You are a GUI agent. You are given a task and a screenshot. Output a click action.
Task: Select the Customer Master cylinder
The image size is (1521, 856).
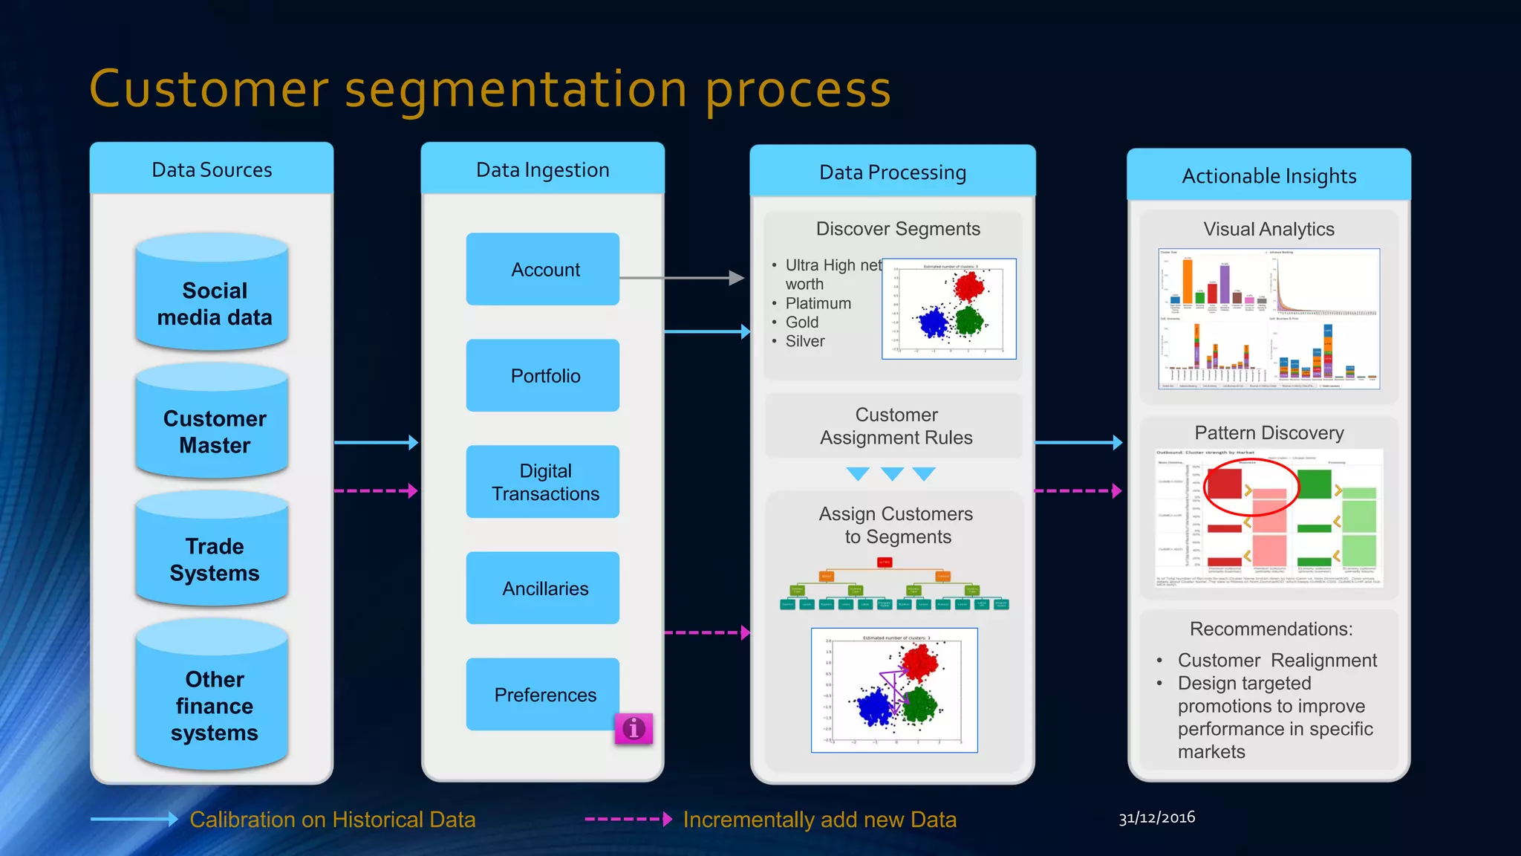(x=213, y=432)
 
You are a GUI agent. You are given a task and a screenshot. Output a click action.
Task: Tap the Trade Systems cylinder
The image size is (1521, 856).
(x=213, y=560)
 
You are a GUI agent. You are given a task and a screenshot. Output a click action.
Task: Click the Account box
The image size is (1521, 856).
(x=543, y=269)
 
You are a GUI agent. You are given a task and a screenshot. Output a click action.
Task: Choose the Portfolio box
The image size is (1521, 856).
(x=543, y=375)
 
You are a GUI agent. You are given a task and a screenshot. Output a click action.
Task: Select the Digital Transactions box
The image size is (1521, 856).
(x=543, y=481)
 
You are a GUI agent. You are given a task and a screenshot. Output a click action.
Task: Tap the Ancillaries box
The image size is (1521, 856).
(x=543, y=588)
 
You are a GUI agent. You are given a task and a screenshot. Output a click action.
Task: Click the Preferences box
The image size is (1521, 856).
(x=543, y=694)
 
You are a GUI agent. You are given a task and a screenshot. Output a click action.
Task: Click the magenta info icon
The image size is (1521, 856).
(x=634, y=729)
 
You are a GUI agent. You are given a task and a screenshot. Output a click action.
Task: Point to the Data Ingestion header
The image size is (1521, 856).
(x=543, y=169)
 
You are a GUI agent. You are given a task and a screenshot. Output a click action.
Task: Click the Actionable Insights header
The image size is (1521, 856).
(x=1268, y=176)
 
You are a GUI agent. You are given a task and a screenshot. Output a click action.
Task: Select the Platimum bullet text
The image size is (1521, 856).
(x=818, y=303)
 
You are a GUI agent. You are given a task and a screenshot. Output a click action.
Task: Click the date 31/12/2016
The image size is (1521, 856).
(x=1156, y=817)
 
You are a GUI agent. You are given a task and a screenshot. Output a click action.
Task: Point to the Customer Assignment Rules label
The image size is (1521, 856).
(x=896, y=426)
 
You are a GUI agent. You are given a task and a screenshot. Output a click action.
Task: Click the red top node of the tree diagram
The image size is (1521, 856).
(x=885, y=562)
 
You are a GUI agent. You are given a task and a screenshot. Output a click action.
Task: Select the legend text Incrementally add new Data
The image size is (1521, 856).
(x=819, y=819)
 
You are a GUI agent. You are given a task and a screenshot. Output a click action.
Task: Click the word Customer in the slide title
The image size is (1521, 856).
(x=209, y=89)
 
